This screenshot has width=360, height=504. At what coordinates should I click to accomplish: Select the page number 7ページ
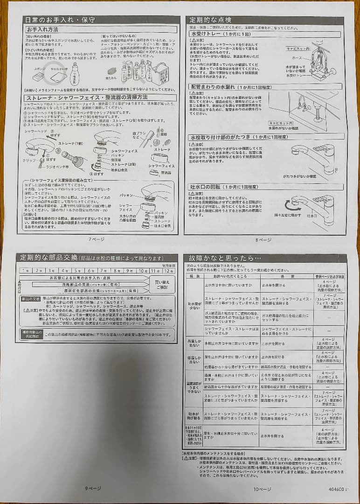97,239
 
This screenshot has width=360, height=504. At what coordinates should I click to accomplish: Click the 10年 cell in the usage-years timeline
144,271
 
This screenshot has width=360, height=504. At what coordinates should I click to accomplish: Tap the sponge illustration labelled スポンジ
39,75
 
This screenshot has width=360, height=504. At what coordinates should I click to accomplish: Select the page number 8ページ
263,240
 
